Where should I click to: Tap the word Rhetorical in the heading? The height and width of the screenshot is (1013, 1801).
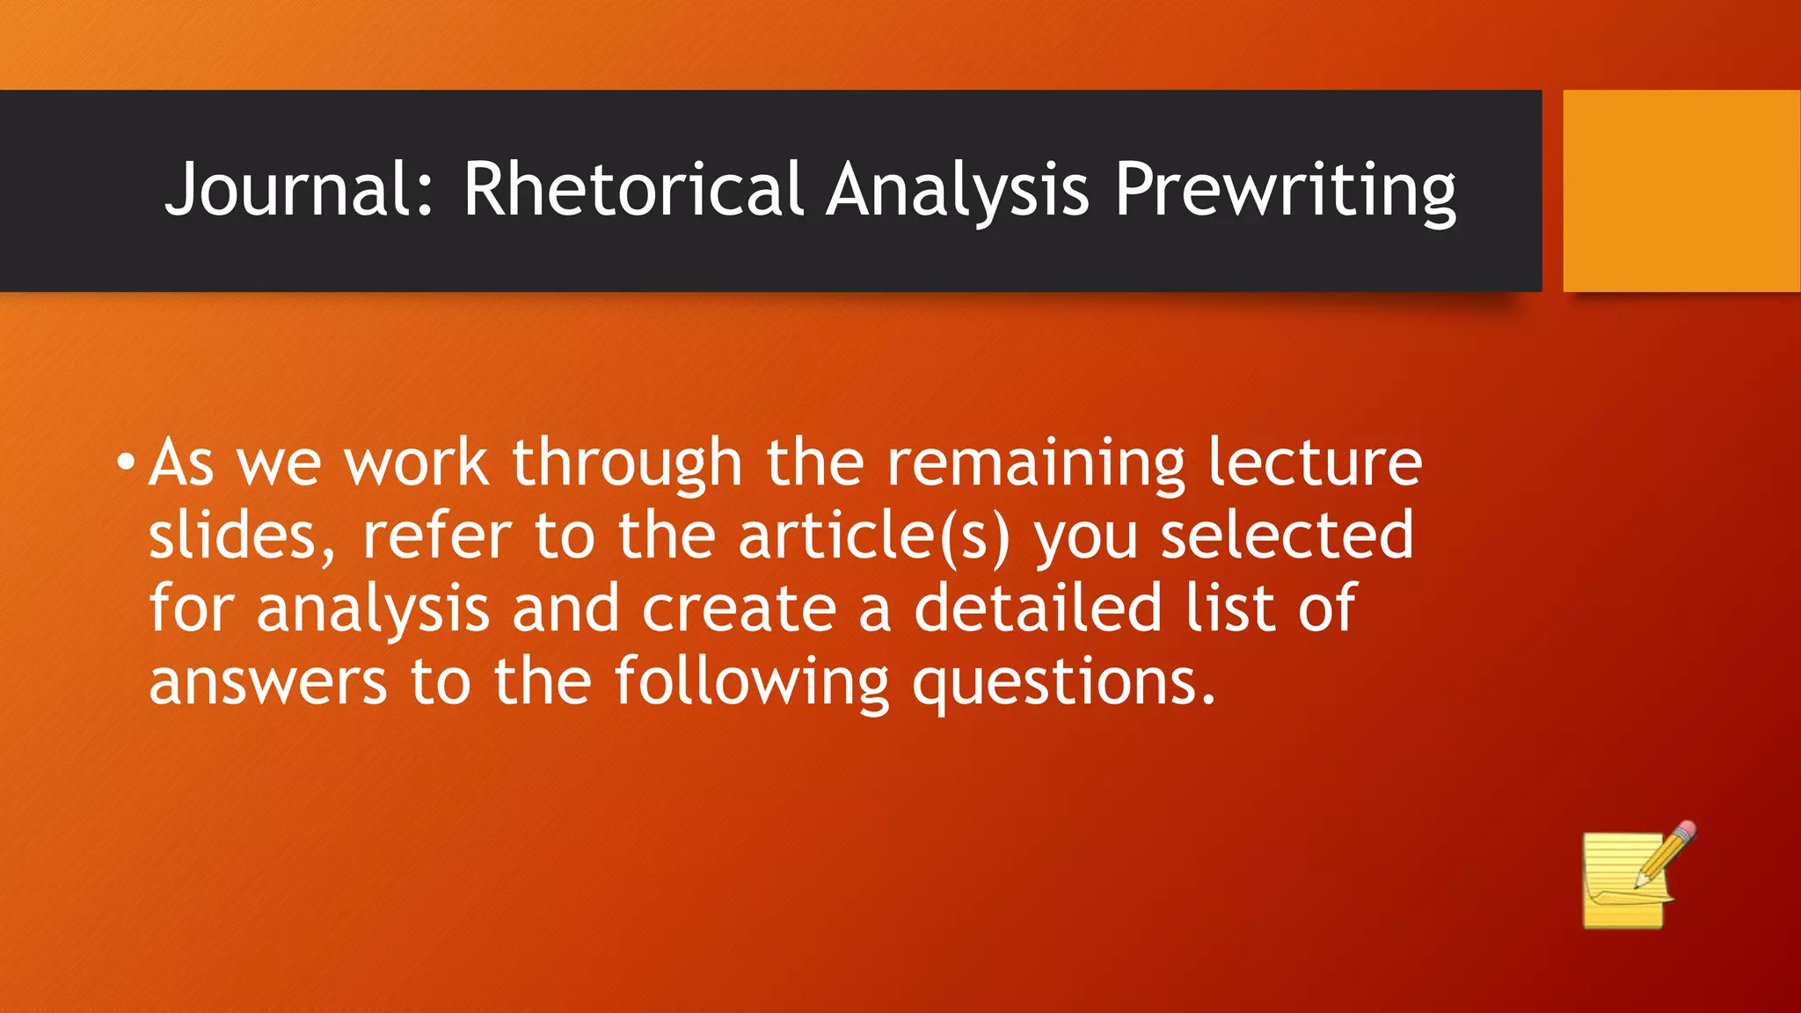point(633,189)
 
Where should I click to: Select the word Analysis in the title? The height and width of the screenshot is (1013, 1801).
point(958,189)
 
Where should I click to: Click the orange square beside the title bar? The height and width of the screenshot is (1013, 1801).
point(1681,190)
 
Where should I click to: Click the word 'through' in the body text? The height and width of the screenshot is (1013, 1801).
point(627,463)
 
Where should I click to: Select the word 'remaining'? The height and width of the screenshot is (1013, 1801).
point(1035,463)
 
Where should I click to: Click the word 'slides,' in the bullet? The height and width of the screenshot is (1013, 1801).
point(242,536)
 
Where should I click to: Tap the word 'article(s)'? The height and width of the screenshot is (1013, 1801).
point(874,536)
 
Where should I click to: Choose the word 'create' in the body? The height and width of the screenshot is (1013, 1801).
point(739,609)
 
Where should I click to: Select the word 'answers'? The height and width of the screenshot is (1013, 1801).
point(267,682)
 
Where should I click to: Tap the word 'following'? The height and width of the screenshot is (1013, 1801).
point(752,682)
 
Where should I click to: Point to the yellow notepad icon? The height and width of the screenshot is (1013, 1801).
point(1622,884)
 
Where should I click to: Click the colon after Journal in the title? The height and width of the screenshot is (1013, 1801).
point(426,200)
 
